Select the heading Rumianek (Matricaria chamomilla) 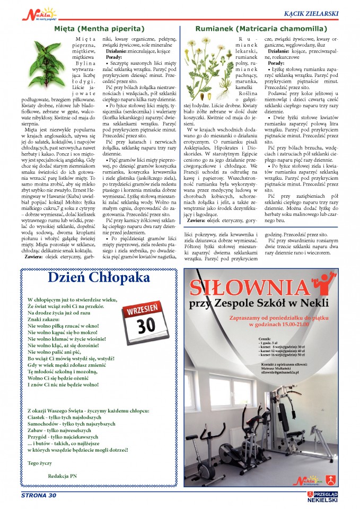261,28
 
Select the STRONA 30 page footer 38,496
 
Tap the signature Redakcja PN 63,476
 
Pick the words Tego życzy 40,462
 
